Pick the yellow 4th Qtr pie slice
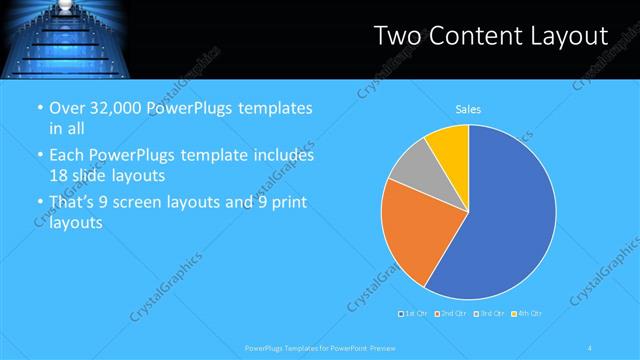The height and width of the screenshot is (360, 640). click(452, 148)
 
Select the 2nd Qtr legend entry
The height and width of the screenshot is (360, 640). click(449, 314)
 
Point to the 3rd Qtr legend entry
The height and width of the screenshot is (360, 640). click(487, 314)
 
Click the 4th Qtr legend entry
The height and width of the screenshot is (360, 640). click(527, 314)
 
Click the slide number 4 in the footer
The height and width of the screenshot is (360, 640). click(590, 347)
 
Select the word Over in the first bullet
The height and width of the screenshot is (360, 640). click(66, 109)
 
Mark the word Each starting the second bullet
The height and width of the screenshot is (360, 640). click(67, 156)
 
